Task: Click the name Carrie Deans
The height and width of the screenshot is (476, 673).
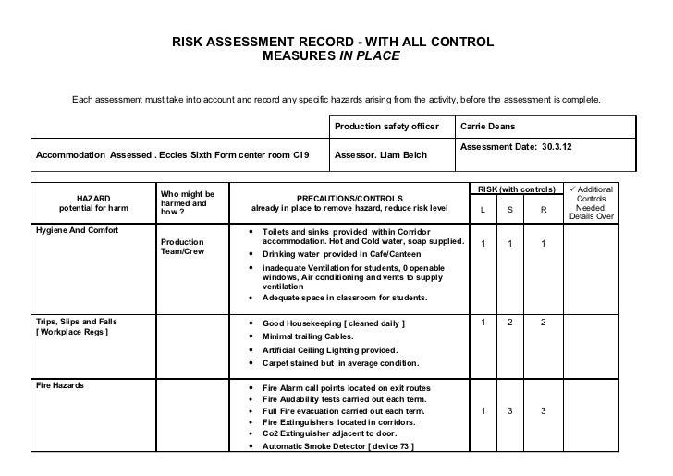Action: pyautogui.click(x=491, y=126)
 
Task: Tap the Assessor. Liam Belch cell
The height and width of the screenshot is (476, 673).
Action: pyautogui.click(x=380, y=154)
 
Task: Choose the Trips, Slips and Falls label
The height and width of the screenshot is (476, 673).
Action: pyautogui.click(x=76, y=322)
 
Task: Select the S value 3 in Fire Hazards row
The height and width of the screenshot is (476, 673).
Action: pyautogui.click(x=511, y=410)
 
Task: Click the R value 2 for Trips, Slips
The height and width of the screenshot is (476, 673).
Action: pyautogui.click(x=544, y=322)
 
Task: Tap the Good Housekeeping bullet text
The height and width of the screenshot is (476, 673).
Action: pyautogui.click(x=333, y=323)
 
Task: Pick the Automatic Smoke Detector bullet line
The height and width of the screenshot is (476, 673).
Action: pyautogui.click(x=337, y=446)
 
